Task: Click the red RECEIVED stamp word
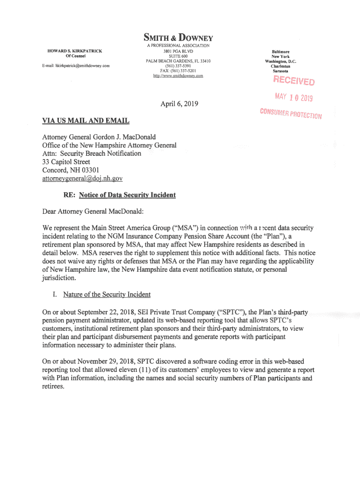pyautogui.click(x=294, y=81)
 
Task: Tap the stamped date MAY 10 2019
pyautogui.click(x=293, y=98)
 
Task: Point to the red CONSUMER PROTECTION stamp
pyautogui.click(x=291, y=114)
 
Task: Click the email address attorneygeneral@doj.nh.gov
pyautogui.click(x=82, y=178)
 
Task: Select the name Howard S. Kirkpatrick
pyautogui.click(x=75, y=51)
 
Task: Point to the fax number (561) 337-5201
pyautogui.click(x=178, y=71)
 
